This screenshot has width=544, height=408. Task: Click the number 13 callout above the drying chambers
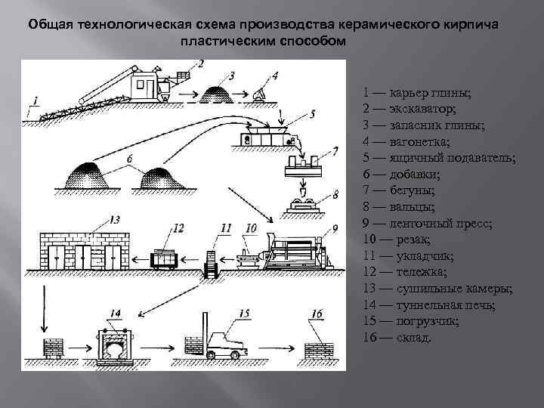[115, 220]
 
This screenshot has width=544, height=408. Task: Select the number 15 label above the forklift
[243, 312]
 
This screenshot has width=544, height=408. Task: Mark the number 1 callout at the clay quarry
[36, 100]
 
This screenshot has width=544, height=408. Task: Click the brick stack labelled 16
[319, 346]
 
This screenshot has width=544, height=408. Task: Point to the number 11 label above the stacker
[224, 227]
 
